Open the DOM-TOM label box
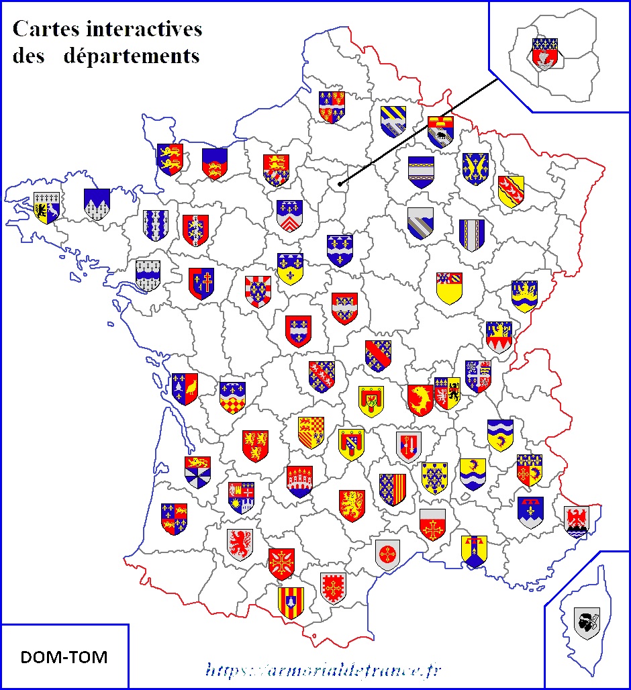click(64, 656)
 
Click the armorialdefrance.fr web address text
click(324, 669)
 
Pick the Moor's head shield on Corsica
click(587, 622)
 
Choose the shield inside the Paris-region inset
click(544, 54)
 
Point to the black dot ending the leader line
click(340, 183)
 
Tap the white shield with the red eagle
click(576, 522)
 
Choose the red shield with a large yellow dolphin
click(420, 399)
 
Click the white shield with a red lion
click(240, 544)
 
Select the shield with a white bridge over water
click(299, 481)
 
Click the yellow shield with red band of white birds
click(511, 191)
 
